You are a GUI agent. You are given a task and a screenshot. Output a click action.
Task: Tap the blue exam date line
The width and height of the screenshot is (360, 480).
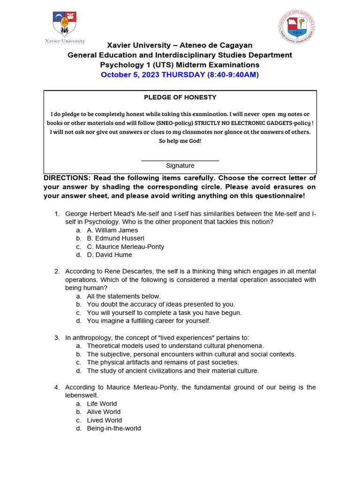click(x=180, y=75)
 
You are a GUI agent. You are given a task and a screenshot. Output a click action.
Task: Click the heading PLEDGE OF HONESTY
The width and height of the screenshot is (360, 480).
click(x=180, y=97)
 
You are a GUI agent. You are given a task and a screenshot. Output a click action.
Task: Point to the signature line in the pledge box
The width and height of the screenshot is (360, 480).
click(x=180, y=161)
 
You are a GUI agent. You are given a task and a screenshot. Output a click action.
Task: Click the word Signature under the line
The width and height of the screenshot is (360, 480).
click(x=180, y=166)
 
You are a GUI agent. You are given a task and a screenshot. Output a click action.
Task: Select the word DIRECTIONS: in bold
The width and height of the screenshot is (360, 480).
click(x=67, y=178)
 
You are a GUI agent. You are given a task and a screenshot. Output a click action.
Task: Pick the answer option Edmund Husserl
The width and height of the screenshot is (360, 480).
click(x=115, y=239)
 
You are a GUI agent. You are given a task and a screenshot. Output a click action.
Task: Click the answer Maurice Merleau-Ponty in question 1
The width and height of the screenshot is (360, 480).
click(x=126, y=247)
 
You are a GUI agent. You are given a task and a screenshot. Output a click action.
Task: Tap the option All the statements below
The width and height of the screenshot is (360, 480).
click(x=124, y=296)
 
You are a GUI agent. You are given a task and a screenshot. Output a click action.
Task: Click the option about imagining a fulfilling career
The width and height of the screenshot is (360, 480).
click(x=149, y=321)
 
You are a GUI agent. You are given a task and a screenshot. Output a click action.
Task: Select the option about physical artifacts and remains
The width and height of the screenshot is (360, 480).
click(x=163, y=362)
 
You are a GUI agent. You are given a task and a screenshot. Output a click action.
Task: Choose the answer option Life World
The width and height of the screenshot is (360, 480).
click(x=102, y=404)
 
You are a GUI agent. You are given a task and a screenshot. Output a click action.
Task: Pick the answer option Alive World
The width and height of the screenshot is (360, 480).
click(x=104, y=412)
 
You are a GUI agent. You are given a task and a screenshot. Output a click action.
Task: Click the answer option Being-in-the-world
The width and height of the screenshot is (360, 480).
click(x=114, y=428)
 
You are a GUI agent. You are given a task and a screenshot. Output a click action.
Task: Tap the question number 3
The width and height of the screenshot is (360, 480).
click(x=57, y=337)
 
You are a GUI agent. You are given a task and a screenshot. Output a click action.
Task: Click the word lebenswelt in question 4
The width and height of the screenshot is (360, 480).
click(x=82, y=396)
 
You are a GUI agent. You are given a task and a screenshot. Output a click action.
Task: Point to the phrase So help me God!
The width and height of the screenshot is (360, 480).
click(x=180, y=141)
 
